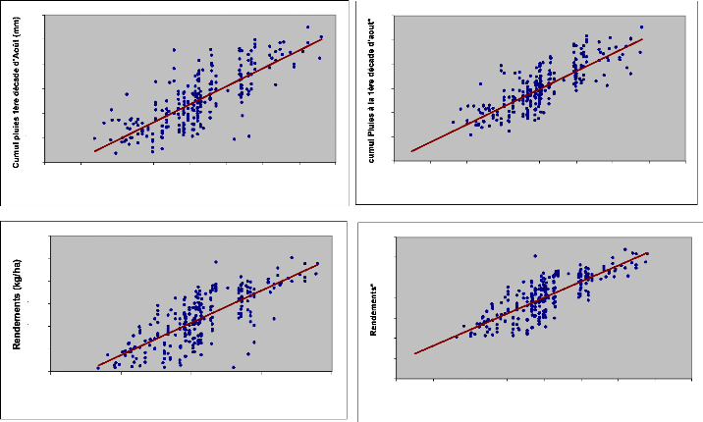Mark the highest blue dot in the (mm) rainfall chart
(x=307, y=27)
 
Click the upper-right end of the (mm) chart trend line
(x=322, y=39)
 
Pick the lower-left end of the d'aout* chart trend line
(x=411, y=151)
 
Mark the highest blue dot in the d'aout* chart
(x=642, y=27)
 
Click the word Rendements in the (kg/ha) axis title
(x=19, y=325)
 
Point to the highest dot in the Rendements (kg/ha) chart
(x=292, y=257)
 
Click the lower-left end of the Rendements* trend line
(x=415, y=353)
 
